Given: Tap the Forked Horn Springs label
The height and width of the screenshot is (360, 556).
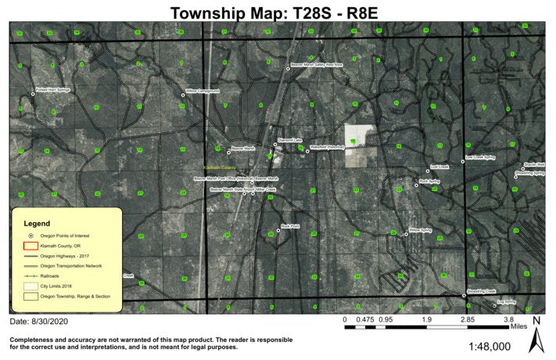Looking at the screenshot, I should click(53, 90).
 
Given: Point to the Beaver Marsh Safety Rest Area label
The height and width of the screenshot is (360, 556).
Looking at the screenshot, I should click(317, 65).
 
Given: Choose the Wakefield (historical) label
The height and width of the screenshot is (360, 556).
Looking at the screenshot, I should click(328, 146).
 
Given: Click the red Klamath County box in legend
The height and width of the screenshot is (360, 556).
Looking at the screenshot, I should click(30, 245).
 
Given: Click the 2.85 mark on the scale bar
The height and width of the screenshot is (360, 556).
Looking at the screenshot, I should click(468, 319).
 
